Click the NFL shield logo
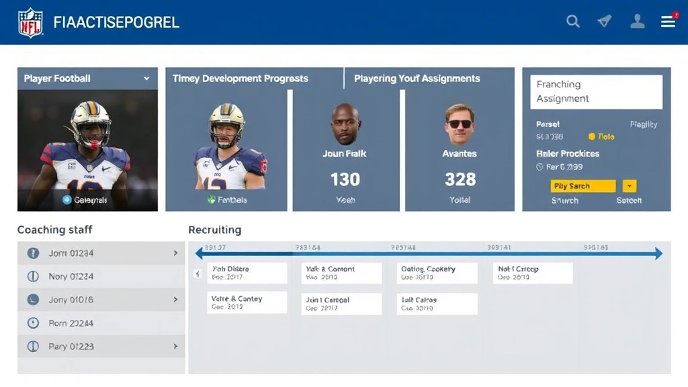coord(30,22)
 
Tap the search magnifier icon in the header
coord(573,21)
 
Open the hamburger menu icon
coord(668,21)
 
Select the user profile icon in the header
coord(637,21)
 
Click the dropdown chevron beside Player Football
coord(146,79)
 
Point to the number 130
coord(345,179)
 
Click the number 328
coord(460,179)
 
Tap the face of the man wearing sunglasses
coord(460,124)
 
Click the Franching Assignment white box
coord(596,91)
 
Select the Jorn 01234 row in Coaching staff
coord(101,253)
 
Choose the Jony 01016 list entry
coord(101,300)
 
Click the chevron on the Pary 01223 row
coord(175,347)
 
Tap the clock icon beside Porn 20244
coord(33,323)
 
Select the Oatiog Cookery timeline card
coord(437,273)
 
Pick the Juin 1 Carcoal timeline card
coord(341,304)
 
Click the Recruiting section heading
coord(214,230)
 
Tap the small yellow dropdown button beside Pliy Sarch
coord(630,186)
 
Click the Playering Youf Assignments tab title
coord(417,79)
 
